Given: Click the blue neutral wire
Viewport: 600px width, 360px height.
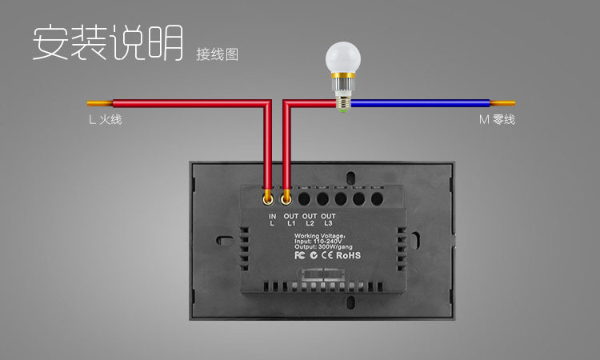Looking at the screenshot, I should point(416,103).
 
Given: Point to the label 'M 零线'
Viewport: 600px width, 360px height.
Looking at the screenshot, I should point(497,120).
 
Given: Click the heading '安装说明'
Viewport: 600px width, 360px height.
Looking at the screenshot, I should point(107,43).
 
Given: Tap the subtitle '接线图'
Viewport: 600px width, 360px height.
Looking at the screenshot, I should point(217,54).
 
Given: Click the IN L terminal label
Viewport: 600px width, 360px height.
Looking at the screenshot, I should point(272,219).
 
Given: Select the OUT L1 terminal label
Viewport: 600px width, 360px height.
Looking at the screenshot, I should point(290,219).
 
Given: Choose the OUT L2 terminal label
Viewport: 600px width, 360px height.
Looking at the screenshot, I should point(310,219).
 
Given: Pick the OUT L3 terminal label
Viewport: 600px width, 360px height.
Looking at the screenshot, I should point(328,219).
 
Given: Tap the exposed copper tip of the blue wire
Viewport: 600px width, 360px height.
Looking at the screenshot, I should point(502,103).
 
